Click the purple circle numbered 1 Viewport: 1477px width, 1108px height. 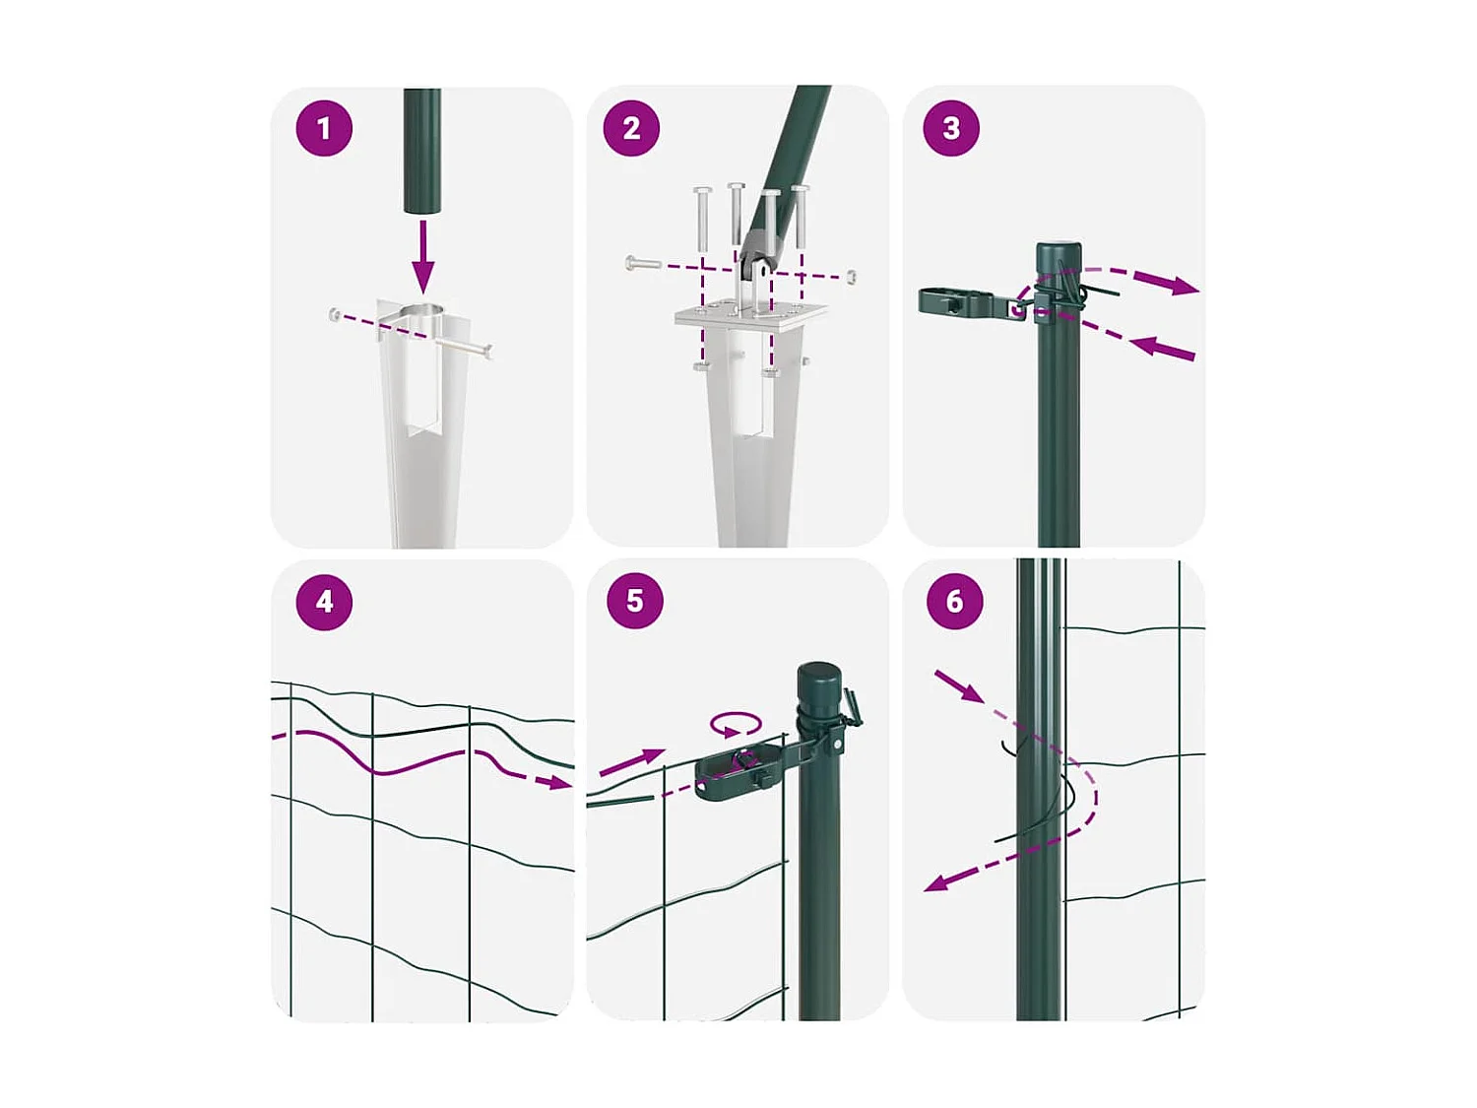(x=324, y=128)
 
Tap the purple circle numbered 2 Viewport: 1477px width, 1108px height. (x=631, y=128)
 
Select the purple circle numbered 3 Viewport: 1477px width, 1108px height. (x=951, y=128)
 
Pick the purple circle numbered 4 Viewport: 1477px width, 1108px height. (x=324, y=602)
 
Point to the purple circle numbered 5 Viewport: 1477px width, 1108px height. (x=634, y=600)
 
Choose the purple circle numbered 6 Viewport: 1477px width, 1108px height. (x=954, y=600)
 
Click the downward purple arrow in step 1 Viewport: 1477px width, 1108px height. (x=422, y=256)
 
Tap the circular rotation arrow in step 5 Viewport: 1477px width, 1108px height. (x=736, y=725)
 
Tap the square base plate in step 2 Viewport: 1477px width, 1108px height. (x=751, y=315)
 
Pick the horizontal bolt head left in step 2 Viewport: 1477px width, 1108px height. (x=630, y=263)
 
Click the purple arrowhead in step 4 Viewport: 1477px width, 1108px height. (x=562, y=782)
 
